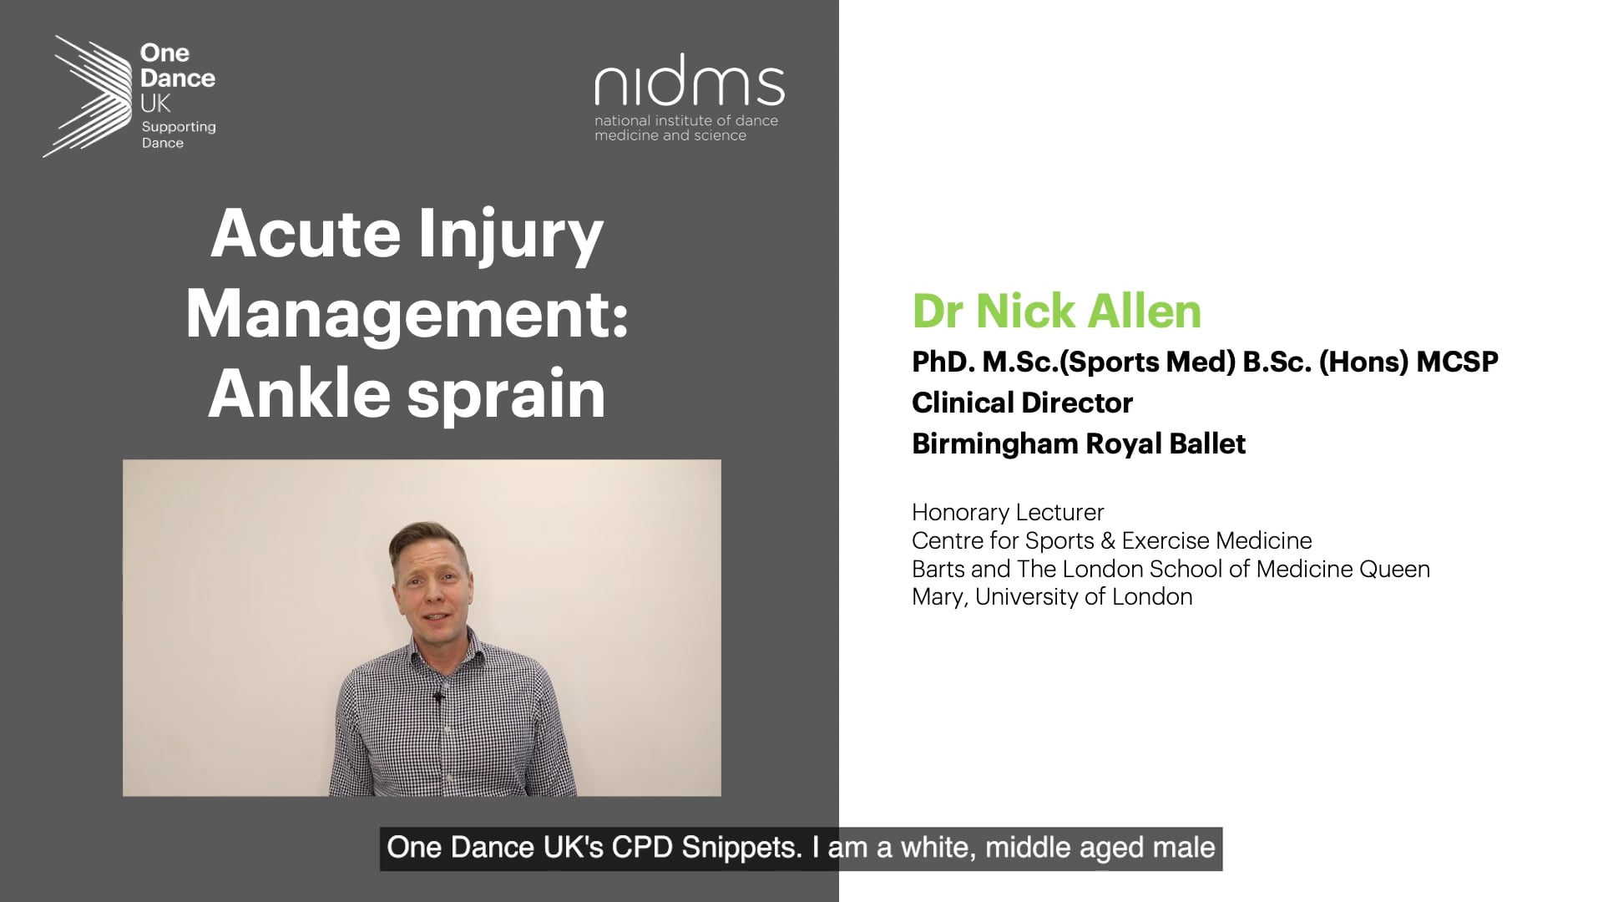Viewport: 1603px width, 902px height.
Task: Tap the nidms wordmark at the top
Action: point(690,79)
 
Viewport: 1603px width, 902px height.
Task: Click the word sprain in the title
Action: point(506,396)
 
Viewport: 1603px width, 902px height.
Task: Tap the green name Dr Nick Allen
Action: point(1056,311)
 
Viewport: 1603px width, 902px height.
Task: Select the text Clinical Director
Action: point(1022,403)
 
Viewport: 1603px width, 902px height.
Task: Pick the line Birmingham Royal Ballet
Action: point(1079,443)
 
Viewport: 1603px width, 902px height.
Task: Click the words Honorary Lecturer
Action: point(1008,512)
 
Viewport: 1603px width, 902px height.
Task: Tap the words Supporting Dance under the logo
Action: point(179,134)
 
